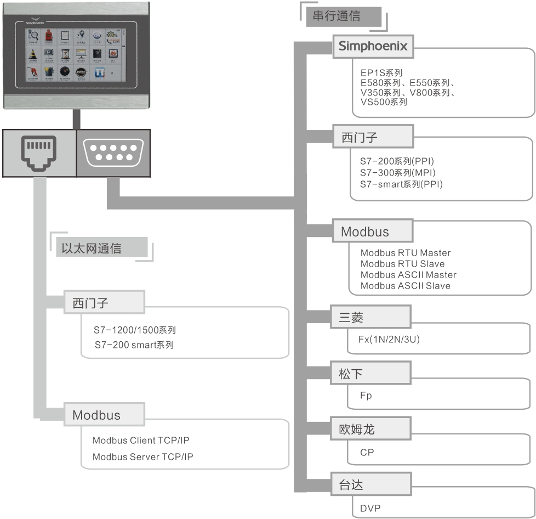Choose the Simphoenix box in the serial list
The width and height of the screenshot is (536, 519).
tap(373, 47)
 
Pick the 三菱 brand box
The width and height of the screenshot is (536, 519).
tap(371, 318)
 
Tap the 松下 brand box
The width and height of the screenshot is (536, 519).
tap(371, 374)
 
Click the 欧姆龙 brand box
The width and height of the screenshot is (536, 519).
tap(371, 429)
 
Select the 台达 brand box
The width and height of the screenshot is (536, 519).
tap(371, 485)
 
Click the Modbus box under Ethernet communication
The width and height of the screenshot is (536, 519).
tap(104, 415)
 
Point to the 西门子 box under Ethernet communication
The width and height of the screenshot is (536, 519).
tap(104, 303)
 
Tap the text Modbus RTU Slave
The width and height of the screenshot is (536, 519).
tap(402, 264)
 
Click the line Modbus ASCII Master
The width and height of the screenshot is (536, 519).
tap(408, 275)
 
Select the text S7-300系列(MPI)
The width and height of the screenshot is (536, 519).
tap(401, 173)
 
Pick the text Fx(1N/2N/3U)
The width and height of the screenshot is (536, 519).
tap(390, 339)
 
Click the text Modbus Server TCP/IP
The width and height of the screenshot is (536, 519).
tap(142, 457)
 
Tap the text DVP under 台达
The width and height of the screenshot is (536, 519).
tap(370, 509)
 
